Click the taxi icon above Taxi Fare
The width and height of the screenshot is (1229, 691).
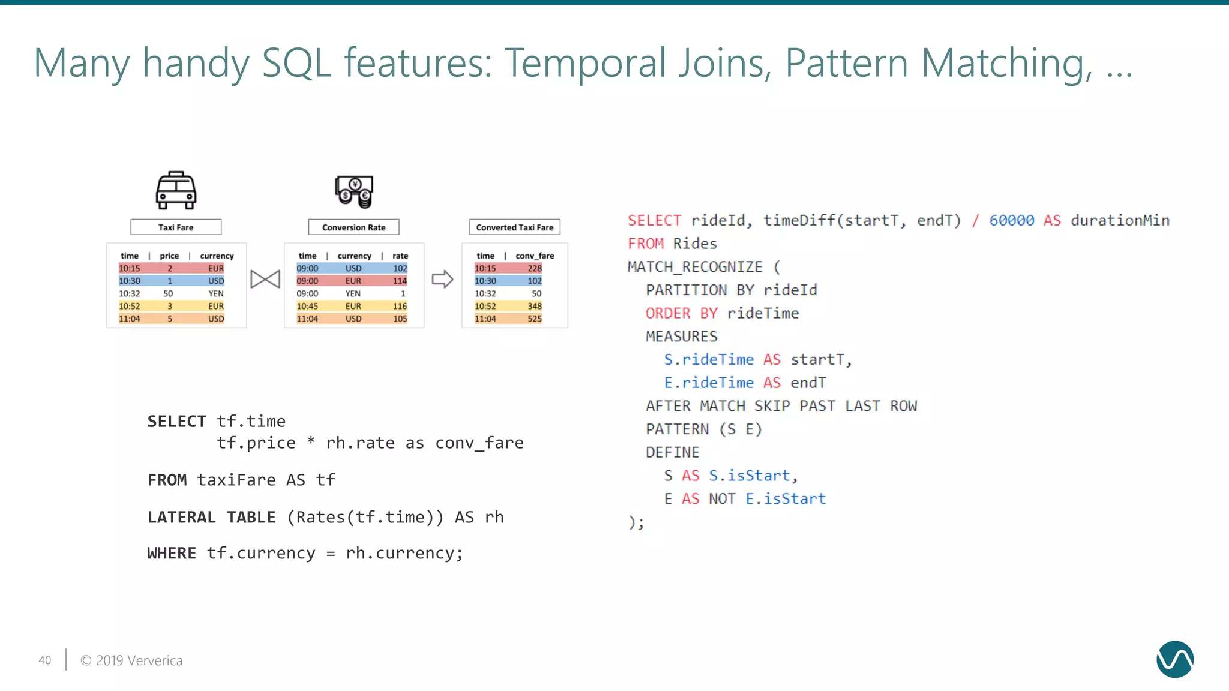pos(176,191)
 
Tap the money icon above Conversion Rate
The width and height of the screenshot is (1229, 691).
pos(354,191)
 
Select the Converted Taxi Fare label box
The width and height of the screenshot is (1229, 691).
pos(515,227)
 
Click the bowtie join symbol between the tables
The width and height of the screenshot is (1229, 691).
pos(265,279)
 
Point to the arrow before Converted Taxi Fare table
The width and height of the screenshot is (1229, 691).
pos(442,279)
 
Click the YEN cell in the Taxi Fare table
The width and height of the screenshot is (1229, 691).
pos(216,293)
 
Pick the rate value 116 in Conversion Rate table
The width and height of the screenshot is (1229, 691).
pos(400,306)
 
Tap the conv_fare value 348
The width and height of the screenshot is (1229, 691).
pos(535,306)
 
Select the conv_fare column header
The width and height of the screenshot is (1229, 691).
pos(535,256)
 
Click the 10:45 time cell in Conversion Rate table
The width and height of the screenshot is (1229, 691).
pos(307,306)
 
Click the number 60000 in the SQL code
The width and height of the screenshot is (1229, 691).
pos(1012,221)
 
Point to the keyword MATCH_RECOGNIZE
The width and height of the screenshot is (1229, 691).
pos(695,267)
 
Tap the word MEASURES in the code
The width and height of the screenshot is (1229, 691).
pos(681,337)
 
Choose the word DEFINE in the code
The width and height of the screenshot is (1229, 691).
pos(672,453)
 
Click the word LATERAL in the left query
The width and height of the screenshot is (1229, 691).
pos(182,517)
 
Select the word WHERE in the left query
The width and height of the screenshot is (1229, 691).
pos(172,553)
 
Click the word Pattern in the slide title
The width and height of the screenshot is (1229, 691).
pos(847,63)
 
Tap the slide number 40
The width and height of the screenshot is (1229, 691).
pos(45,660)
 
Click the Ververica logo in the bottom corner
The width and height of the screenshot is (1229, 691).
pos(1174,659)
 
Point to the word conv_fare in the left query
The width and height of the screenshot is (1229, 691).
pos(479,443)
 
